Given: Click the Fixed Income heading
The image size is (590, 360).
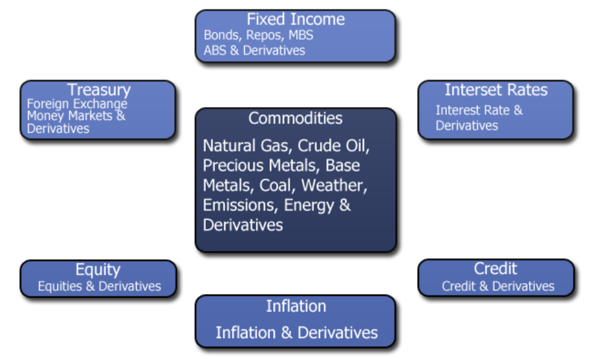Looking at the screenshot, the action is pos(296,19).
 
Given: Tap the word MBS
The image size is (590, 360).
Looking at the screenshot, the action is pos(300,35).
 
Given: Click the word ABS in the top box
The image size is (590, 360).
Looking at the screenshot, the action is pos(215,50).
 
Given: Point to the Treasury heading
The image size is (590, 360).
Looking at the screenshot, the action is pos(99,90).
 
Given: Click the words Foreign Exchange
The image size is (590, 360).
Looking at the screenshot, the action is pos(77,104).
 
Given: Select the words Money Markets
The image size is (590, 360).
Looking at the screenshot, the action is pos(70,116).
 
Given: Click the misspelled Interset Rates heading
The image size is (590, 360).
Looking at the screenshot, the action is pos(496,90).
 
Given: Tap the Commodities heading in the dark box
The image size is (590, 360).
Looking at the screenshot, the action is pos(296,118).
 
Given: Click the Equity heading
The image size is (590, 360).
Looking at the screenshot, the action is pos(98,270).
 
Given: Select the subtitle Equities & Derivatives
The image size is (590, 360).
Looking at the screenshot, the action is pos(100,286).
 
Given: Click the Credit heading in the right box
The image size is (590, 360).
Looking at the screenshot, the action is pos(495,268).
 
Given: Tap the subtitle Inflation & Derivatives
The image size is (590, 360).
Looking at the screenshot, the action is pos(296,333).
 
